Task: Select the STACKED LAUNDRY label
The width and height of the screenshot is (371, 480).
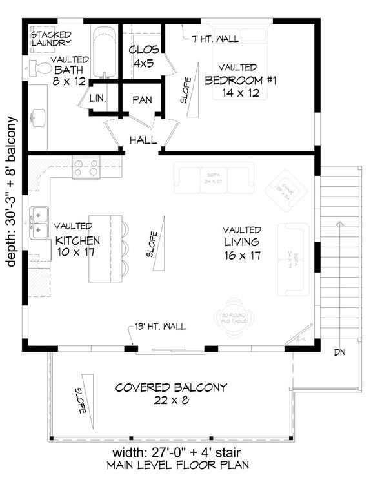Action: coord(51,38)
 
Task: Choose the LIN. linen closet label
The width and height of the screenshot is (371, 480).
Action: coord(98,99)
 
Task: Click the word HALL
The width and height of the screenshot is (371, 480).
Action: coord(141,140)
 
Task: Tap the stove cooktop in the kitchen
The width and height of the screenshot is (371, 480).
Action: coord(85,168)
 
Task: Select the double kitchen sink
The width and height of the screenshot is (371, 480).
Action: coord(39,221)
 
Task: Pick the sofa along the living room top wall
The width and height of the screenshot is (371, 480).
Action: coord(213,178)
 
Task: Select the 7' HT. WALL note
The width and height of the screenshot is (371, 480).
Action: coord(216,39)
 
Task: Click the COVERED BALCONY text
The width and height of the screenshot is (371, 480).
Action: coord(171,387)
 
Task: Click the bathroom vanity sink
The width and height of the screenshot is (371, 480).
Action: coord(37,117)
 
